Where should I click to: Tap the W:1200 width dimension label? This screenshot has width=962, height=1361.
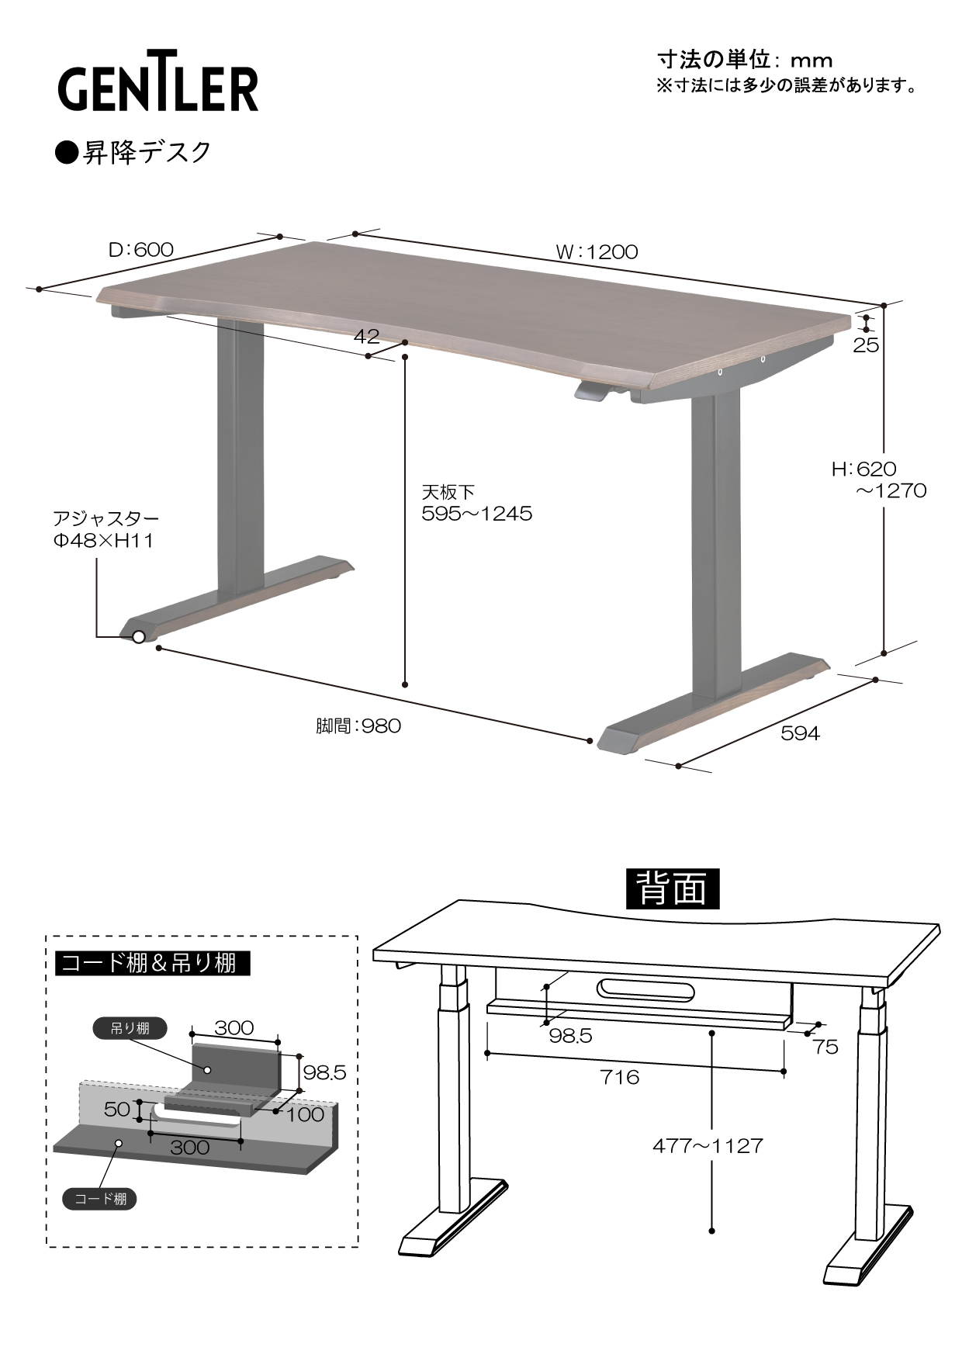597,252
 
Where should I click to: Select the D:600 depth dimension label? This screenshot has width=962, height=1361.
140,249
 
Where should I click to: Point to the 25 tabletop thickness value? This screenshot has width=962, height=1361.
866,345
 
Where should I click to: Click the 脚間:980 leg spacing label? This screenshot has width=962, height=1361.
358,726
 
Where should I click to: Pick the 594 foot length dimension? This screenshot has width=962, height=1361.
799,733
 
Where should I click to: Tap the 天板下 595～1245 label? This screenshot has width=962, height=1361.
476,503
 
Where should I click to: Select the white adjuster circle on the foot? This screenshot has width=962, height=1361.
139,637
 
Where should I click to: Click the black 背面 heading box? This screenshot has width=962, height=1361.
673,888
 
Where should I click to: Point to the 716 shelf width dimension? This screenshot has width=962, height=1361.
621,1076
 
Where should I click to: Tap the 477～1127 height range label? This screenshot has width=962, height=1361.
708,1145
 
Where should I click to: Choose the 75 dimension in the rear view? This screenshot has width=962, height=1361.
825,1047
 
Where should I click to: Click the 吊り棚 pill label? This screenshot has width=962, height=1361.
130,1029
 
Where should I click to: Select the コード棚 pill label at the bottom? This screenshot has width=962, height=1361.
100,1199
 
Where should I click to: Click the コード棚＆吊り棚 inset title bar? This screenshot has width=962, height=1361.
154,963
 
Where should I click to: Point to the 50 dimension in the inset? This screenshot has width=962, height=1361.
117,1109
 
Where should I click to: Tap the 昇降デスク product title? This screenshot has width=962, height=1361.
133,152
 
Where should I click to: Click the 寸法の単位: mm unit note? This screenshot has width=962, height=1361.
745,60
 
